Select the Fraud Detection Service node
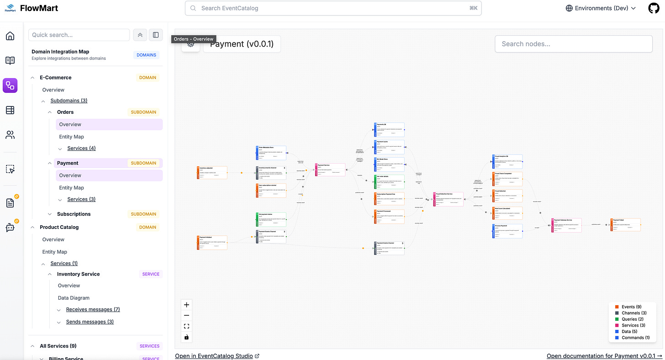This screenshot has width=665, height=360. point(448,199)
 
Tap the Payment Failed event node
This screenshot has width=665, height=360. point(625,225)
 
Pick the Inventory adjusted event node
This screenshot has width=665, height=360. point(212,173)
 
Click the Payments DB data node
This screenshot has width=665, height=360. point(389,129)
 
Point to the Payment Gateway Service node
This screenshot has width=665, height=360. point(566,225)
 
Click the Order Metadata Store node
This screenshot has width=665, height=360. point(271,153)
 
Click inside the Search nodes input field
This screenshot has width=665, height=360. point(573,44)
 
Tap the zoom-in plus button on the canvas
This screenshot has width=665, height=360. point(186,305)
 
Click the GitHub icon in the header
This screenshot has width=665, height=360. point(654,8)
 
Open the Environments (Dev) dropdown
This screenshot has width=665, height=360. point(601,8)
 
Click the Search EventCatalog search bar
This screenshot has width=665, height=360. point(333,8)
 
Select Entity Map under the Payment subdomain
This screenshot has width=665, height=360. point(71,188)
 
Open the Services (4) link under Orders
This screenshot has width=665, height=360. point(81,148)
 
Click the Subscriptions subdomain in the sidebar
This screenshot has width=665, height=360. point(74,214)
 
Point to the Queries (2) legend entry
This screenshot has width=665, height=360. point(633,319)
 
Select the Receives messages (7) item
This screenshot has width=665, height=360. point(93,310)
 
